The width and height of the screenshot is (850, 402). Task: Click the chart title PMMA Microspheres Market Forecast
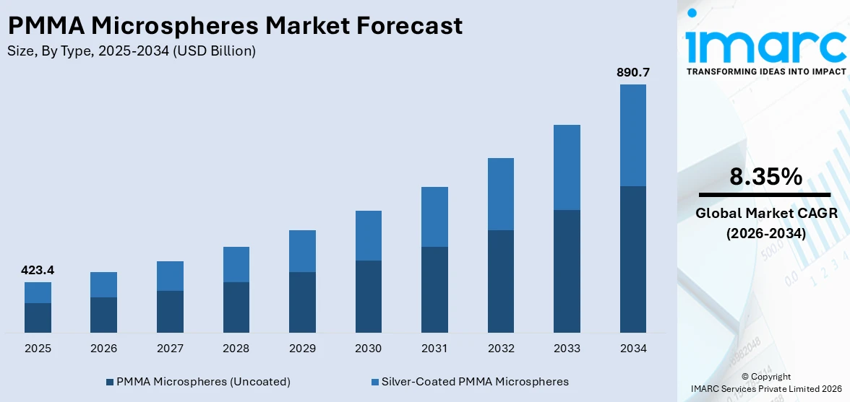click(235, 26)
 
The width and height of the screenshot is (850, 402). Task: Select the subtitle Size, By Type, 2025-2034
click(131, 51)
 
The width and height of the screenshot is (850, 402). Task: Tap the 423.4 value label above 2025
click(38, 271)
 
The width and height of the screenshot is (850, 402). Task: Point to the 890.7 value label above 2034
click(632, 72)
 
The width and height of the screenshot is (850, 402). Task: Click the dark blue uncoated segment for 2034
click(632, 259)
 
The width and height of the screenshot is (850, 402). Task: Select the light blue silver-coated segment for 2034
click(632, 135)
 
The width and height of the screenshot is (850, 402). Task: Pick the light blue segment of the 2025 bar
click(38, 292)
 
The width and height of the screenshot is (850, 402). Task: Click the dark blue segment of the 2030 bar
click(368, 296)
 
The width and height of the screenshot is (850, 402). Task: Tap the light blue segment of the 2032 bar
click(500, 194)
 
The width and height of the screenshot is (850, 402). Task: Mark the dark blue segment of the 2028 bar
click(236, 307)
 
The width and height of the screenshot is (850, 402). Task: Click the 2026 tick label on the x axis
click(103, 349)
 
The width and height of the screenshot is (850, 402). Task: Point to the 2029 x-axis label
click(302, 349)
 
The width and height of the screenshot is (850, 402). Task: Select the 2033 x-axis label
click(567, 349)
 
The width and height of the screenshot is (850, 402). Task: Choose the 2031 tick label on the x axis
click(434, 349)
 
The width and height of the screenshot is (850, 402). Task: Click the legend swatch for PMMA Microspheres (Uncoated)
click(110, 382)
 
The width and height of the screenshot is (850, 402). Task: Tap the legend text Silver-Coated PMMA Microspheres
click(475, 382)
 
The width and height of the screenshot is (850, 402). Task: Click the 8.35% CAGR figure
click(765, 177)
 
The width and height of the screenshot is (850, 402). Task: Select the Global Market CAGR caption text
click(765, 214)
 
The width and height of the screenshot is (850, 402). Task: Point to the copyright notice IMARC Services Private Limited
click(765, 389)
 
